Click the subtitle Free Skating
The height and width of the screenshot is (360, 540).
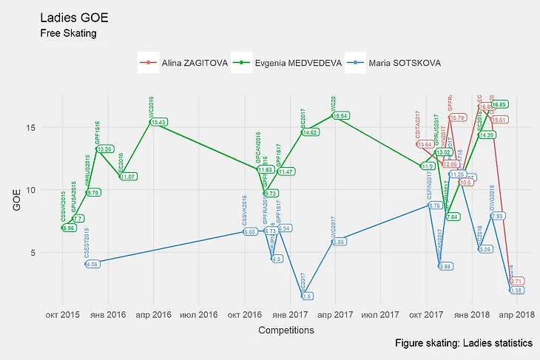point(69,33)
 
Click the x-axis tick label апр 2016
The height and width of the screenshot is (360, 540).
point(153,313)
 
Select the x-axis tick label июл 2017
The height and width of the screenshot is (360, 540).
point(379,313)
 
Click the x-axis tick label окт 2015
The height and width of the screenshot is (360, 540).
point(62,313)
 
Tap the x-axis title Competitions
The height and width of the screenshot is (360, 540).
point(286,330)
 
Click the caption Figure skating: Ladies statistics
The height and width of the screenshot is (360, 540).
point(464,344)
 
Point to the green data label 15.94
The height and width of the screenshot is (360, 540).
point(340,116)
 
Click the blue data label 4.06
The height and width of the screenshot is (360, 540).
point(92,264)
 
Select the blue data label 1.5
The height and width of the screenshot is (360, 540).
point(307,296)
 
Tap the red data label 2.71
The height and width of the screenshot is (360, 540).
point(517,281)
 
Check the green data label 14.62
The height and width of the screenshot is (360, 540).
point(310,132)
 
